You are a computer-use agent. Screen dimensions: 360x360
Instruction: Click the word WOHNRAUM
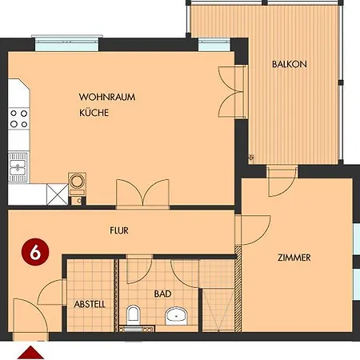point(106,98)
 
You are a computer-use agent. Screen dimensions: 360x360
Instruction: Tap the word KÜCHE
point(93,114)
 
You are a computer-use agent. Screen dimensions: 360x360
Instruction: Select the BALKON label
point(289,65)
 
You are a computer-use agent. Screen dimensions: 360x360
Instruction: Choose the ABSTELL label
point(90,305)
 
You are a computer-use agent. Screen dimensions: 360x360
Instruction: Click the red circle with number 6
point(34,250)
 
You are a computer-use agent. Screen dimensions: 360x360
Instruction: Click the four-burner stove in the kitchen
point(18,119)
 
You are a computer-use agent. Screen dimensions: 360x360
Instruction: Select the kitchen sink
point(18,168)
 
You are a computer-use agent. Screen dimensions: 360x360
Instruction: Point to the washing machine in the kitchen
point(78,182)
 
